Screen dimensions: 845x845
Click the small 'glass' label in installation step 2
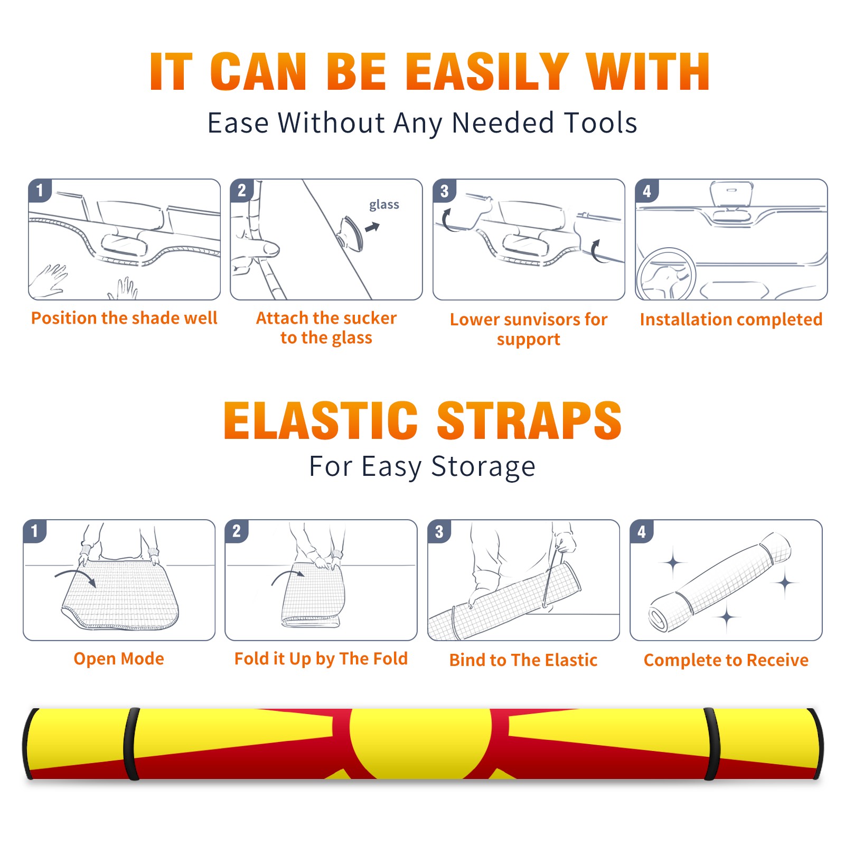[x=384, y=205]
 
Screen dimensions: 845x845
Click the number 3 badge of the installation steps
[x=445, y=191]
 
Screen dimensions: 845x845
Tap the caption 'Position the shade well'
[x=124, y=318]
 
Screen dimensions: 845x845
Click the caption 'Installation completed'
[x=731, y=320]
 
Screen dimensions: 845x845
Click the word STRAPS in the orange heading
[x=529, y=420]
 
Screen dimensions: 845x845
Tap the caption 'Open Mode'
[x=119, y=659]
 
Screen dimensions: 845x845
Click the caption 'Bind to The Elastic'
[x=523, y=660]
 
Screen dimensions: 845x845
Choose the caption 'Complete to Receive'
[x=726, y=660]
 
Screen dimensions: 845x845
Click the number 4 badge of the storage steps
[x=642, y=532]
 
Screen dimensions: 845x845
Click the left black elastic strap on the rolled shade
[x=132, y=744]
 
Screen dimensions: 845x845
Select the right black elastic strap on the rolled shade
[x=712, y=744]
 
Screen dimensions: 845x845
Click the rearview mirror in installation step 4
[x=731, y=194]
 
